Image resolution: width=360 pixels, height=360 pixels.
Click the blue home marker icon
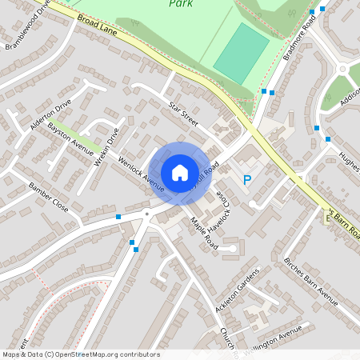click(180, 172)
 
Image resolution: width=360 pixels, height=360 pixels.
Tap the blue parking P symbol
click(247, 181)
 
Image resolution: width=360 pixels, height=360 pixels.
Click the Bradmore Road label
click(299, 34)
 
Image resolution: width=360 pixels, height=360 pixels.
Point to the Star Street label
click(182, 113)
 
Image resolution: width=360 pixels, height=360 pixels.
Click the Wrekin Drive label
click(106, 144)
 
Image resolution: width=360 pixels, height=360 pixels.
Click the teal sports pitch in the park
click(241, 51)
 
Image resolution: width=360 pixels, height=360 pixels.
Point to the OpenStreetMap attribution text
click(80, 354)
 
